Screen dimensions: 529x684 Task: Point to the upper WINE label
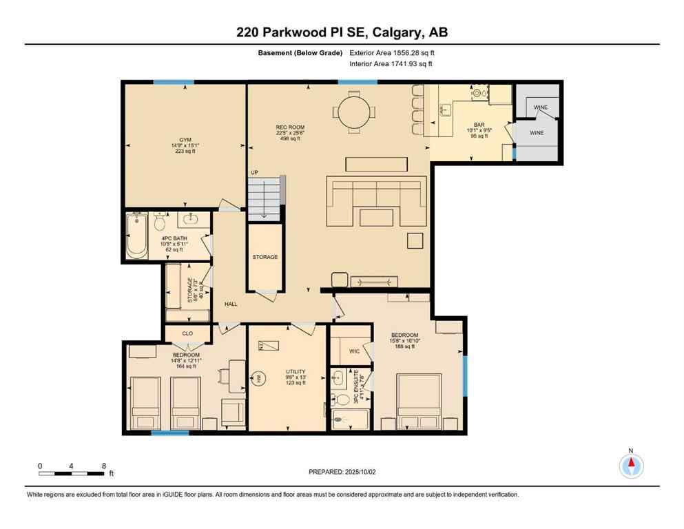click(x=541, y=108)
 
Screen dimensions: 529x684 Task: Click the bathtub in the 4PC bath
click(x=136, y=236)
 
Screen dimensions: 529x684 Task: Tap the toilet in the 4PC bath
click(x=160, y=222)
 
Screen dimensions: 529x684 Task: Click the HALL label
click(x=231, y=303)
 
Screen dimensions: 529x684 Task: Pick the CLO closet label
click(x=187, y=333)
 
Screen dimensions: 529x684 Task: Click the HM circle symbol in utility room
click(x=260, y=377)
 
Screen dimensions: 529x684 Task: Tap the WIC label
click(x=354, y=351)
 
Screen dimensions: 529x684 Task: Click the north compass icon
click(x=631, y=466)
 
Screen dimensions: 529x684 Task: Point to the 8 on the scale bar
click(x=103, y=466)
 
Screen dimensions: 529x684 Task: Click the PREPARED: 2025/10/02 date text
click(x=342, y=472)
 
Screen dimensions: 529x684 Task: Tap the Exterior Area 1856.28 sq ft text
click(x=392, y=52)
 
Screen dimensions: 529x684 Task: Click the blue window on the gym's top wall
click(x=174, y=82)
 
